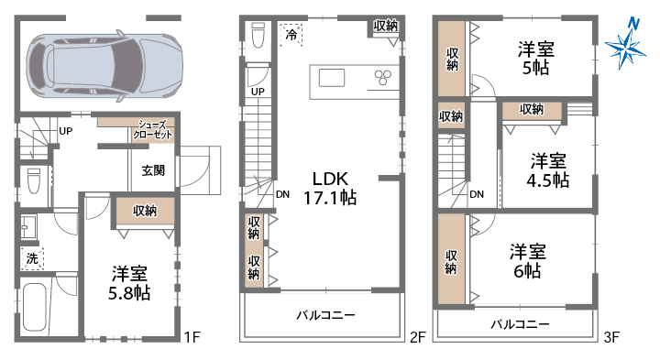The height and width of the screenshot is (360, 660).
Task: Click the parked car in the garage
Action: [104, 66]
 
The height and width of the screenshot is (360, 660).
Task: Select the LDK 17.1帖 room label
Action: [330, 188]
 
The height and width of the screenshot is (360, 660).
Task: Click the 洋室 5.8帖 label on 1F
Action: [129, 283]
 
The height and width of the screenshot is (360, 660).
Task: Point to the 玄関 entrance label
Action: [153, 170]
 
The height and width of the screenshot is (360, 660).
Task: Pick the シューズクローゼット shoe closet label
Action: [153, 129]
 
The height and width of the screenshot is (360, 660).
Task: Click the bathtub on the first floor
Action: [36, 307]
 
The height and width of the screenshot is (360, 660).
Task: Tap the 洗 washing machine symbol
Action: [32, 258]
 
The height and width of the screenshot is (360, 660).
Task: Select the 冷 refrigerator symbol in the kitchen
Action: [291, 34]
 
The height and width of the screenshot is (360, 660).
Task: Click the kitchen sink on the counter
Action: [332, 78]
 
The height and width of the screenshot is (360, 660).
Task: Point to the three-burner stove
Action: [382, 77]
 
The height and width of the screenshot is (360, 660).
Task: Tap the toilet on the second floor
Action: [258, 36]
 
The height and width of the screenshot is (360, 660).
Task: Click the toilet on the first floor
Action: [34, 180]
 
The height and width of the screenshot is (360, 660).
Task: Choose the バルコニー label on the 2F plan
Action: [325, 315]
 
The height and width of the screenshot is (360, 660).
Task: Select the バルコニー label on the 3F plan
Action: [520, 324]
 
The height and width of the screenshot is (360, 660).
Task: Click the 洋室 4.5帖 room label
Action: [548, 170]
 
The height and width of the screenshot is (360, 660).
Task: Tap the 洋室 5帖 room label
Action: [536, 58]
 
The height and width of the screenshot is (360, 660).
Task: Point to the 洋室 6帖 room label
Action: [528, 261]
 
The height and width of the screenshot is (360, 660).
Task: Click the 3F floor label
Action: [611, 337]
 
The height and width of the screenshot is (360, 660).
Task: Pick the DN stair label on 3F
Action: [477, 194]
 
